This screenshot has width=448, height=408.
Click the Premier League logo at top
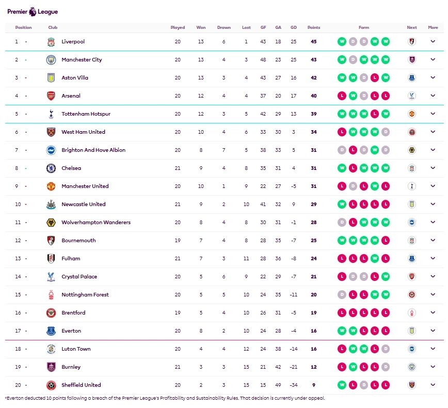[x=33, y=11]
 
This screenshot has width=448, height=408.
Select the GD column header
[x=293, y=27]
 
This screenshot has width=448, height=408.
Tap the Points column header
[x=313, y=27]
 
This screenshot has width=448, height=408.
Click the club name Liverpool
[x=73, y=42]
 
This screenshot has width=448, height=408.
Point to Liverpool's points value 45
[x=313, y=42]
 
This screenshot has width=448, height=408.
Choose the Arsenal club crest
[x=51, y=96]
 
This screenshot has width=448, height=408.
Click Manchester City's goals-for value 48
[x=263, y=60]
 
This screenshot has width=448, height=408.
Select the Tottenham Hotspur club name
[x=86, y=114]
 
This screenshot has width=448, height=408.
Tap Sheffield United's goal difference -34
[x=293, y=385]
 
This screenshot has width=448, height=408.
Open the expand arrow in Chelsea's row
[x=433, y=168]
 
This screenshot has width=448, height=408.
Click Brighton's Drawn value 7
[x=224, y=150]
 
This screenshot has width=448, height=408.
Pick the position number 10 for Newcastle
[x=18, y=205]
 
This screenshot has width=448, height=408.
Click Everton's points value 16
[x=313, y=331]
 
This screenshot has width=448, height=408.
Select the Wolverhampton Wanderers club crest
[x=51, y=223]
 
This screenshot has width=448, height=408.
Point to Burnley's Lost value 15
[x=246, y=367]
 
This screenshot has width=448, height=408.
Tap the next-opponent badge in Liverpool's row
[x=411, y=42]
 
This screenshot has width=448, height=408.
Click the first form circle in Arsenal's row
[x=342, y=96]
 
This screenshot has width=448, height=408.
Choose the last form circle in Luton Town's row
[x=385, y=349]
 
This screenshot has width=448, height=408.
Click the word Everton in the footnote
[x=14, y=398]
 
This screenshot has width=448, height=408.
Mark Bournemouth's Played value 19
[x=178, y=241]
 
